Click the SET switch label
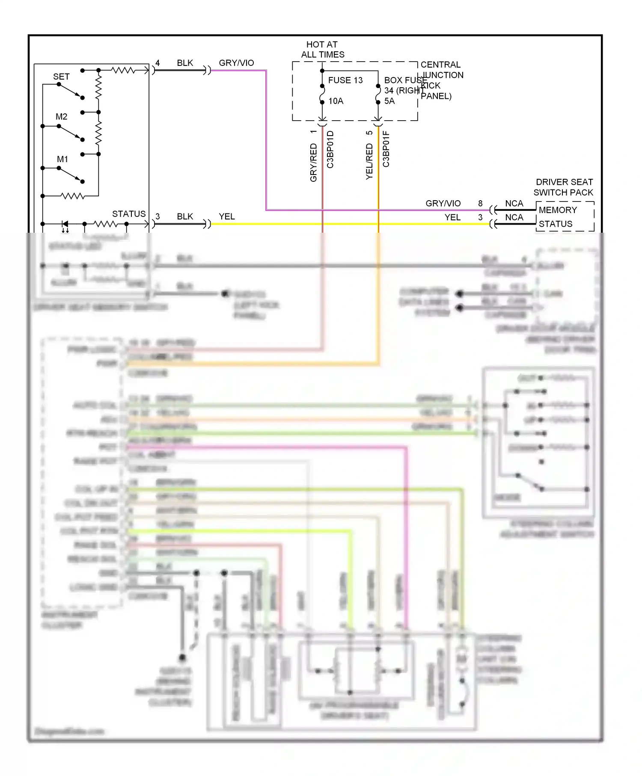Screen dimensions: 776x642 (x=61, y=77)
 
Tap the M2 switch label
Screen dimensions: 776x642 (x=61, y=117)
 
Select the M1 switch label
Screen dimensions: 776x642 (x=62, y=159)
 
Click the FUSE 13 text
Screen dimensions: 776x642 (x=345, y=80)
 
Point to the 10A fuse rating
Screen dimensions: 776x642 (x=336, y=101)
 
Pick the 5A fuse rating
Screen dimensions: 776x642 (x=389, y=101)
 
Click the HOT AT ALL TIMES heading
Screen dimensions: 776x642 (x=322, y=50)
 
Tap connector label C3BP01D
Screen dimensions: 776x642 (x=330, y=149)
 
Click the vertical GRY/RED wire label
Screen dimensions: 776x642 (x=313, y=163)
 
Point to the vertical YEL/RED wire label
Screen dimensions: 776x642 (x=369, y=161)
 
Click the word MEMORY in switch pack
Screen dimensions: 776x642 (x=558, y=210)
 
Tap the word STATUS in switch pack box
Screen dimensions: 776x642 (x=555, y=224)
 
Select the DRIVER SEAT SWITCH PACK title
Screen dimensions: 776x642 (x=564, y=187)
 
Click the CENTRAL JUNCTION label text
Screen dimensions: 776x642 (x=441, y=70)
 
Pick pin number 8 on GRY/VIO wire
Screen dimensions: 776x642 (x=480, y=204)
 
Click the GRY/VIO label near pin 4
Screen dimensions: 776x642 (x=236, y=63)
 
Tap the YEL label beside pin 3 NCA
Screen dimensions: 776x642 (x=452, y=217)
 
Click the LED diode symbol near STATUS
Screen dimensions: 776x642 (x=65, y=224)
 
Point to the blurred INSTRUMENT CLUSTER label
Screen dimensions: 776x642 (x=68, y=620)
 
